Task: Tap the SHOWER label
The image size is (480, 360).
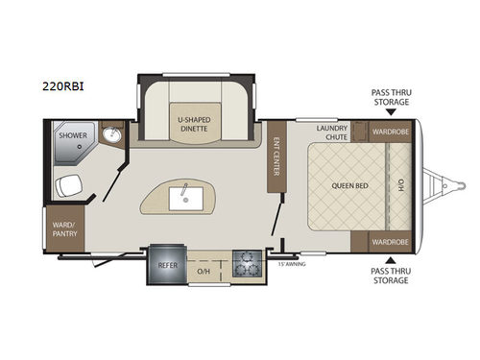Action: coord(72,136)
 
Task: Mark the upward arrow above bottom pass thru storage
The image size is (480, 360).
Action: coord(390,259)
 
